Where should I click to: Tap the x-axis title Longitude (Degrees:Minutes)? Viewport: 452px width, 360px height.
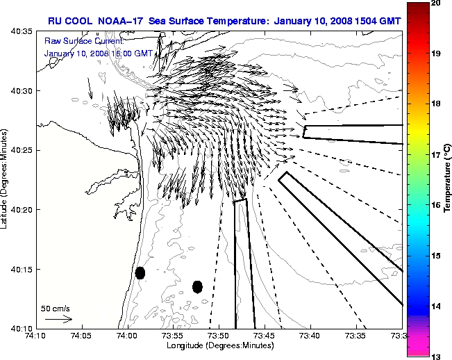tap(219, 346)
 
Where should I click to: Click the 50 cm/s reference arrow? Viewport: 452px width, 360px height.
tap(58, 319)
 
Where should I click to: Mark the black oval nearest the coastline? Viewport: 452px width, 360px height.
tap(140, 272)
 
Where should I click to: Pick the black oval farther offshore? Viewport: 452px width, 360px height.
tap(197, 286)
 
